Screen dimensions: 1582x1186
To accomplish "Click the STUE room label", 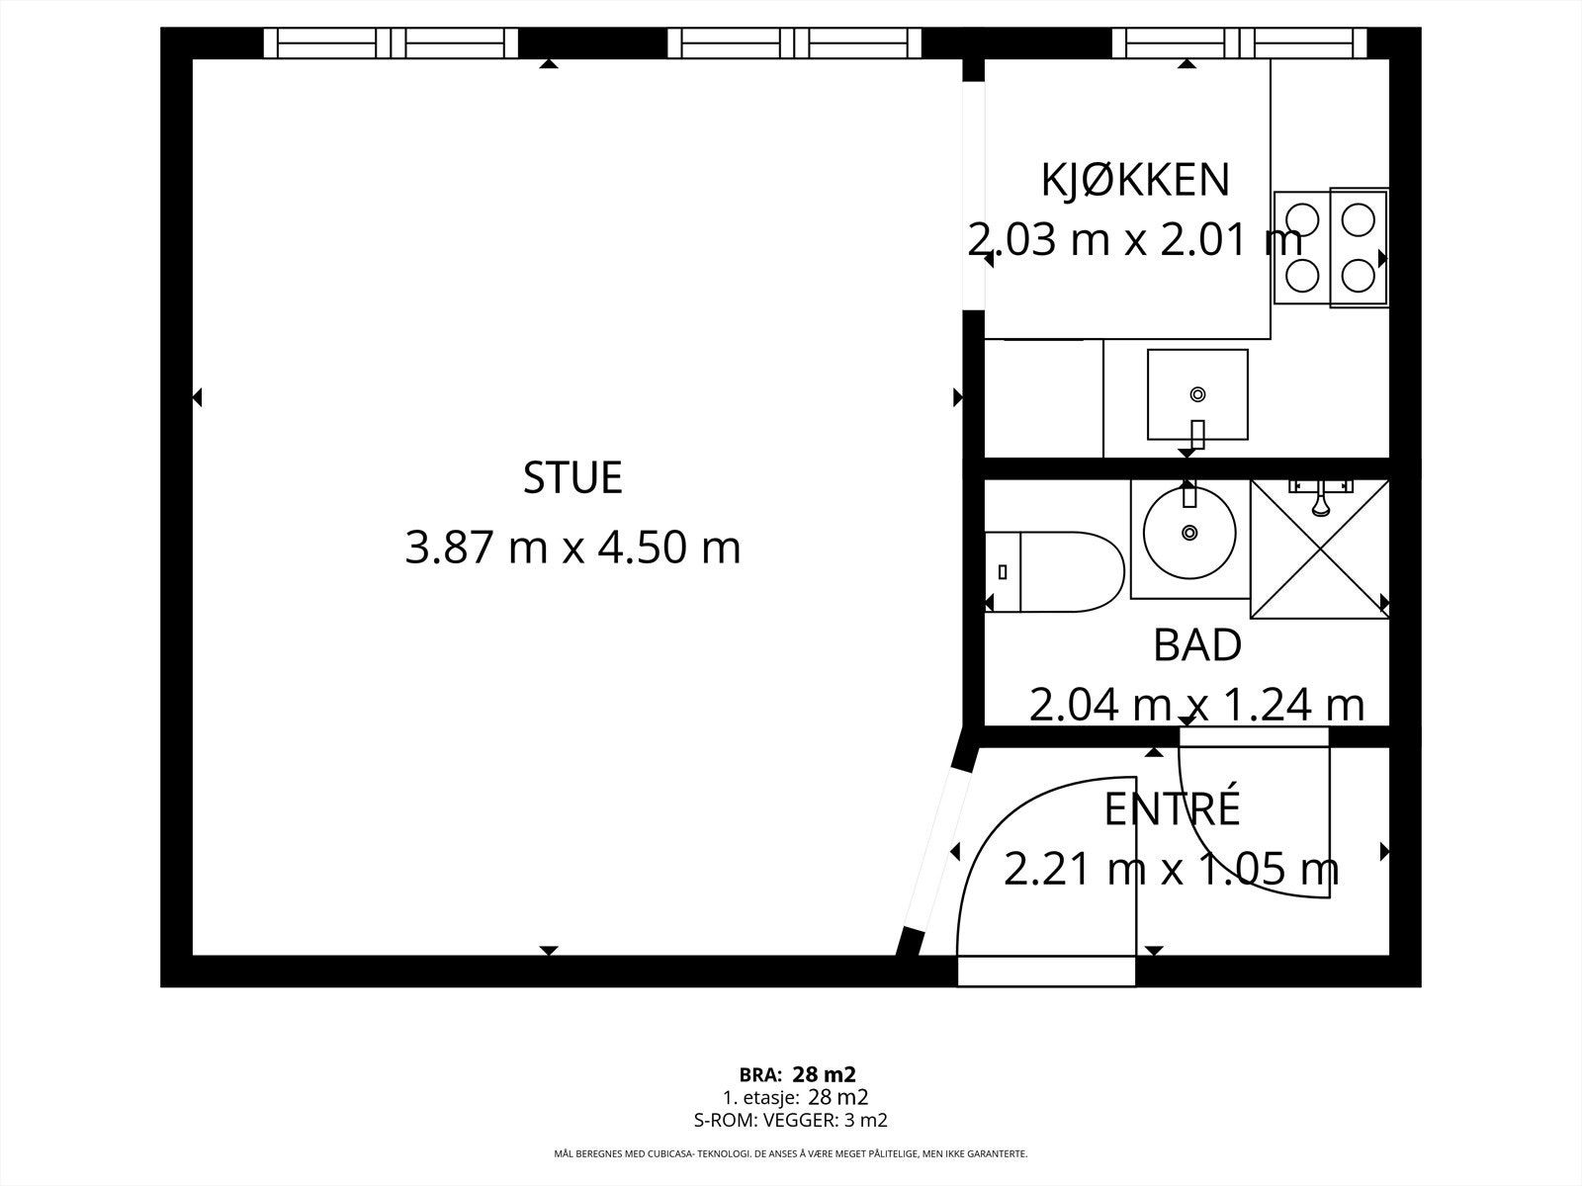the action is [x=572, y=477].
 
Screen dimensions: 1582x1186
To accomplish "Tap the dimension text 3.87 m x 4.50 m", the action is [x=572, y=548].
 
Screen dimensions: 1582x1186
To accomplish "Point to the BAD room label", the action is [x=1197, y=644].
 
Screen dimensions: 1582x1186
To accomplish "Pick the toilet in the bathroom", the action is [x=1054, y=572].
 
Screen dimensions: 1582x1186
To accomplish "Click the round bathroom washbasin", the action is [x=1189, y=533].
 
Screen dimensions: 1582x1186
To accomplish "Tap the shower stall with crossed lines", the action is [x=1320, y=549].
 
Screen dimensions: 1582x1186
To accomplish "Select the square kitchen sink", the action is [x=1197, y=394].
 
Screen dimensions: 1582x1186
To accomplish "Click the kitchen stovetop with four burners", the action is [x=1331, y=248].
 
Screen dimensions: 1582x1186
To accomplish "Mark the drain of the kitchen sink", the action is [x=1197, y=394].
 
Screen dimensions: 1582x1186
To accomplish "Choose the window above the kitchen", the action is [x=1240, y=43].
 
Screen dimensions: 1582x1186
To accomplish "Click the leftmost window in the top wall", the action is [x=391, y=43].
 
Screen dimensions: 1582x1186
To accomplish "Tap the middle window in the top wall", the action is [x=794, y=43].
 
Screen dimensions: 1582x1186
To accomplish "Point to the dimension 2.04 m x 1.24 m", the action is [x=1196, y=705].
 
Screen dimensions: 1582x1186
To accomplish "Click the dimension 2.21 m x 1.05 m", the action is [x=1172, y=869].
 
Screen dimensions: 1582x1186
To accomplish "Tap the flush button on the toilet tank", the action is [x=1003, y=572].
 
